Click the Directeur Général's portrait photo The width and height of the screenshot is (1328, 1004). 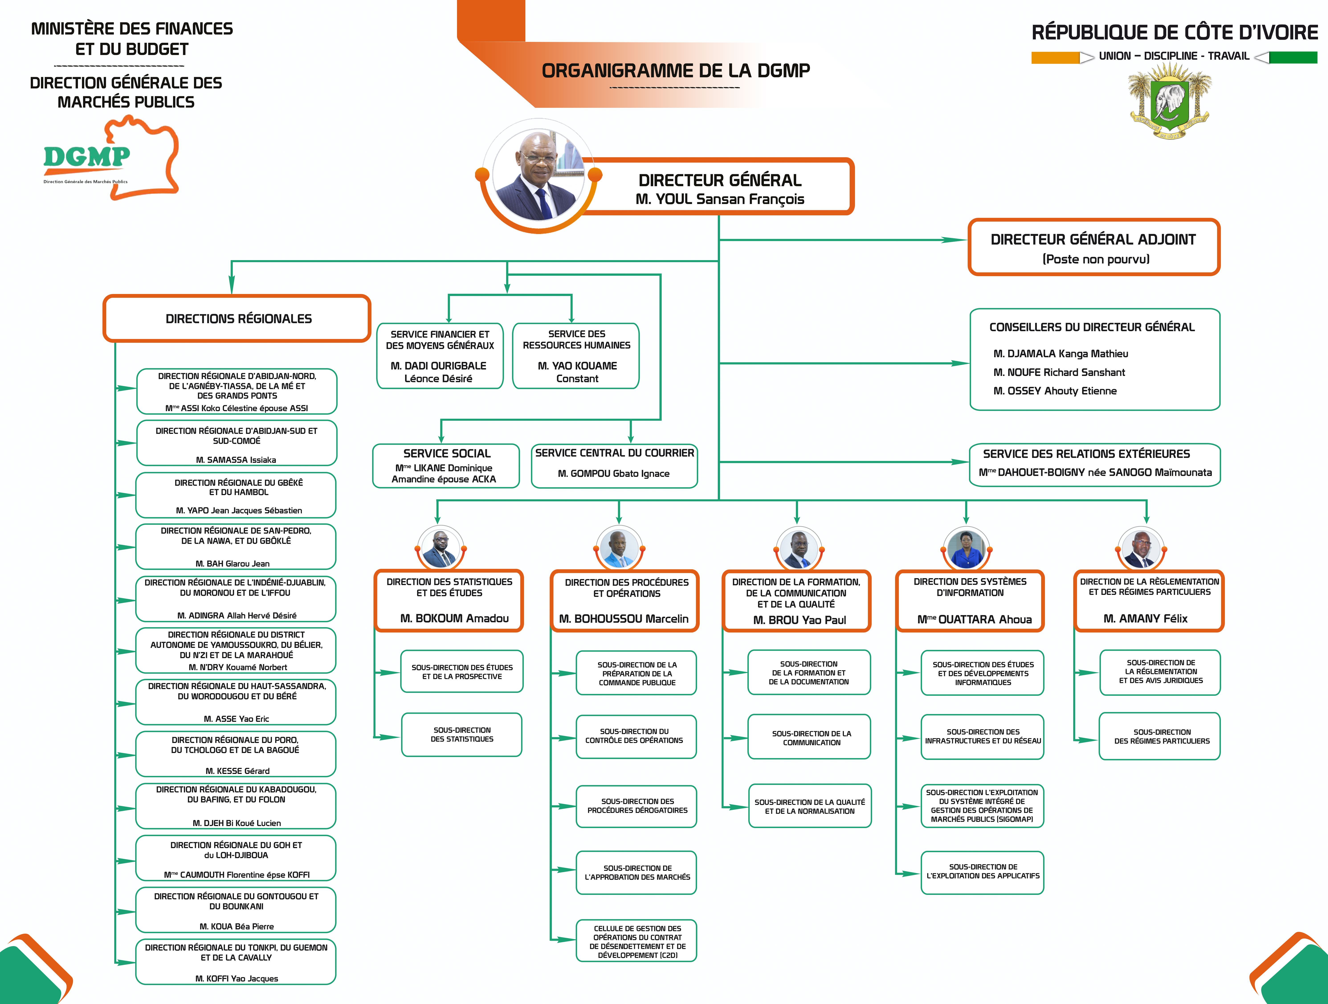tap(539, 174)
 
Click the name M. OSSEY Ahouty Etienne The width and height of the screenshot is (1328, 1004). tap(1055, 391)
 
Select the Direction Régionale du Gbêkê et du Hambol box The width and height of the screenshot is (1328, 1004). tap(236, 495)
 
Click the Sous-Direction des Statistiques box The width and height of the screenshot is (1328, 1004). tap(462, 734)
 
